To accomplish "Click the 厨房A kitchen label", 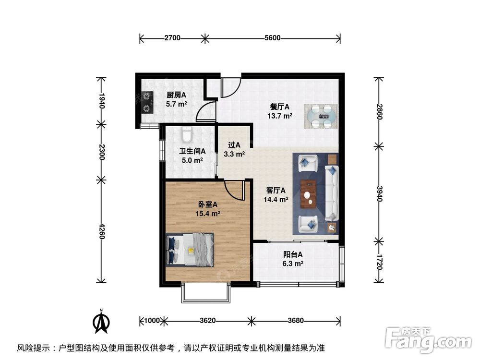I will (x=177, y=95).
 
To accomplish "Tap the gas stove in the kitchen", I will (x=145, y=102).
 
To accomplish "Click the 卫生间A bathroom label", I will (x=192, y=151).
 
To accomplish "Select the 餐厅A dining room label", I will (x=280, y=107).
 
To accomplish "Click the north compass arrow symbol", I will (x=101, y=323).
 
